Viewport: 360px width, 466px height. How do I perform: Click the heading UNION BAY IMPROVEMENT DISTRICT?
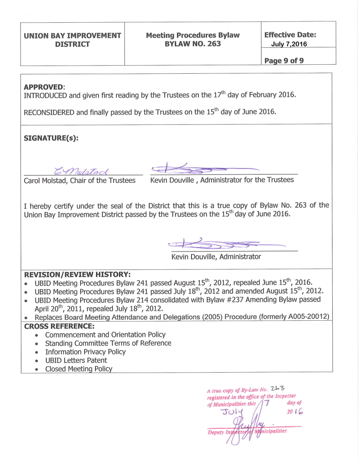click(x=72, y=40)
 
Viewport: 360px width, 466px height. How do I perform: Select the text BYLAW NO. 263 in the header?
click(x=193, y=44)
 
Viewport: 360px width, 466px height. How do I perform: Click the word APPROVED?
click(x=44, y=87)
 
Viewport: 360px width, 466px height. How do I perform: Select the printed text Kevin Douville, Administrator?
click(x=216, y=257)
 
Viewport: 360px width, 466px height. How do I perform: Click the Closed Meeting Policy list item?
click(x=79, y=369)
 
